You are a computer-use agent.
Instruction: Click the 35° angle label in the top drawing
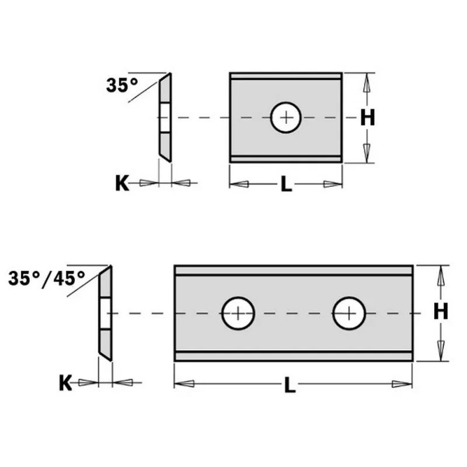122,85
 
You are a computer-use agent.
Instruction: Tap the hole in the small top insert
286,117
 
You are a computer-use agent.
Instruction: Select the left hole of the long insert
238,313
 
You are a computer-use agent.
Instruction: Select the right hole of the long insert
349,313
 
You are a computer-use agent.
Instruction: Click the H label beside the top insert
367,118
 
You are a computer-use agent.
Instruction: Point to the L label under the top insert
285,184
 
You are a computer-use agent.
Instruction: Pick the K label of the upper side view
121,183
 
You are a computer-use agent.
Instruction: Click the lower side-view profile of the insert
105,313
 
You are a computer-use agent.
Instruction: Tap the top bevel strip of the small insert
285,76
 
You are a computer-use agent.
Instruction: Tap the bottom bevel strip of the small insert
285,158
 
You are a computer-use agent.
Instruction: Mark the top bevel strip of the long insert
294,270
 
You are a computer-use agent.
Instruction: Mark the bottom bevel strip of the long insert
294,356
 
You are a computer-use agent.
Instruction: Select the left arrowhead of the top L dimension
239,184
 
